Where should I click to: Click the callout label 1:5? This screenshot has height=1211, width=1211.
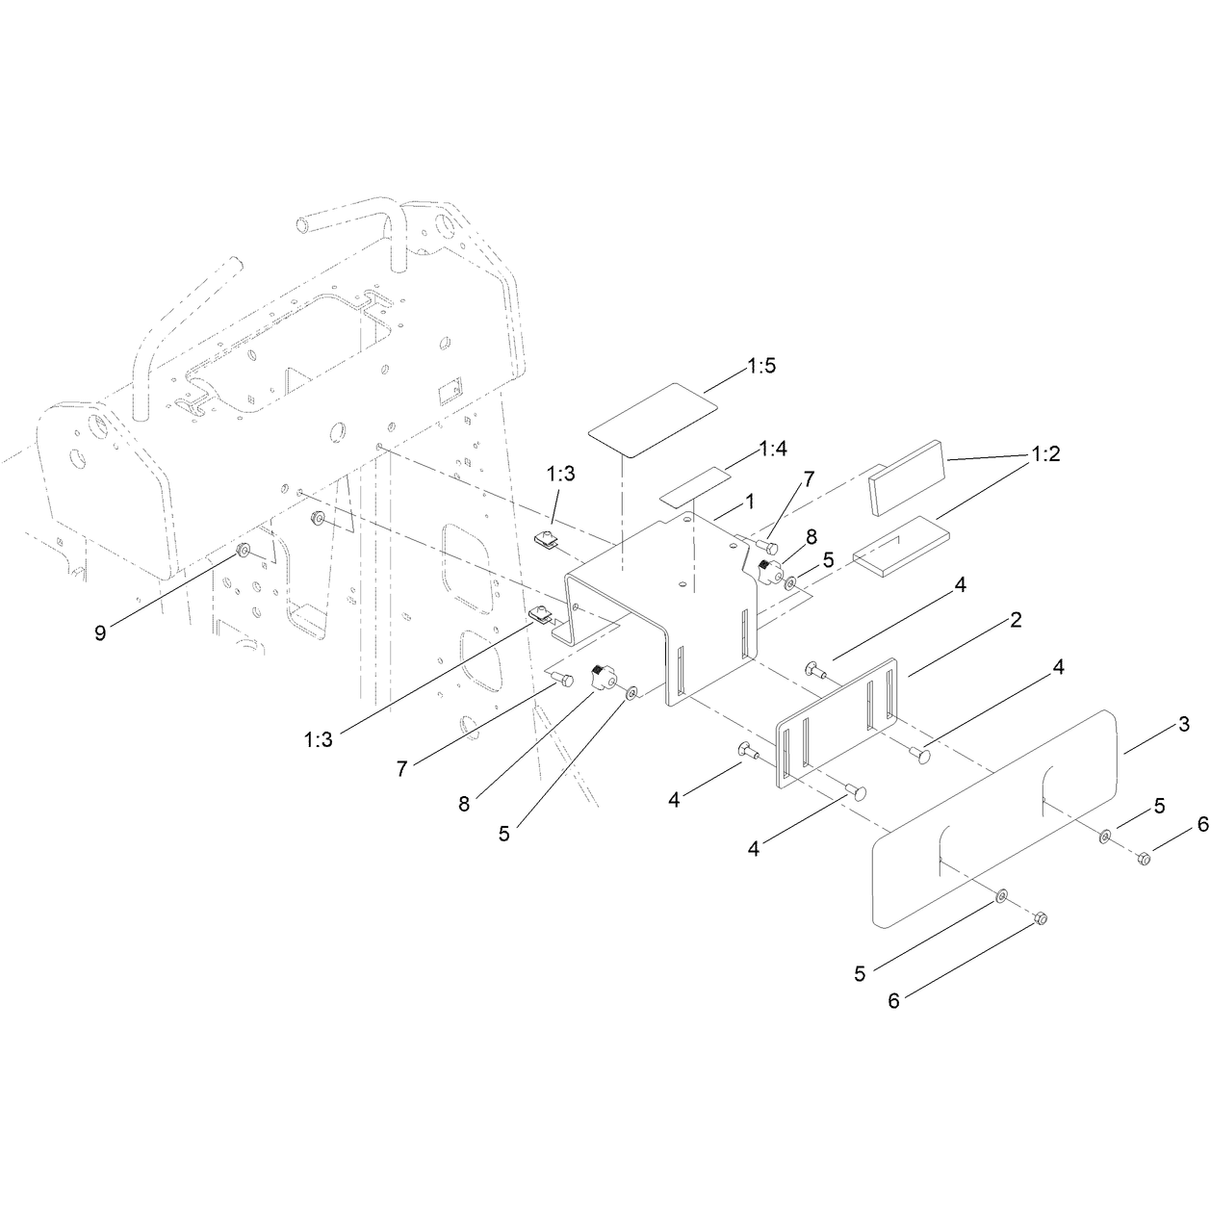point(761,366)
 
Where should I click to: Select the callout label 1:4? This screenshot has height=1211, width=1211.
point(773,450)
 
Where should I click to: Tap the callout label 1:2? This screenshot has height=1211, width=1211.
point(1045,453)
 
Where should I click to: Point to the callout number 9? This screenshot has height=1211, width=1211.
point(100,632)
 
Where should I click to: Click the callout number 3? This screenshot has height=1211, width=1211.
point(1184,724)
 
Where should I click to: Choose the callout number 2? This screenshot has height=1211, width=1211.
point(1017,620)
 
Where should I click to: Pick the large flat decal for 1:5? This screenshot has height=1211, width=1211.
point(653,420)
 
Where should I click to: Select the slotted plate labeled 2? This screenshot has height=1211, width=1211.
point(837,722)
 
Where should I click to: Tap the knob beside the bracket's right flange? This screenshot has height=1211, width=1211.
point(769,573)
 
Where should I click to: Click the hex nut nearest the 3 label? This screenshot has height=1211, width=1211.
point(1145,859)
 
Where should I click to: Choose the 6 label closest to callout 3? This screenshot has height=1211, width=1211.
point(1203,825)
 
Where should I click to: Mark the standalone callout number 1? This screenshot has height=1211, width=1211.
point(749,502)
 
